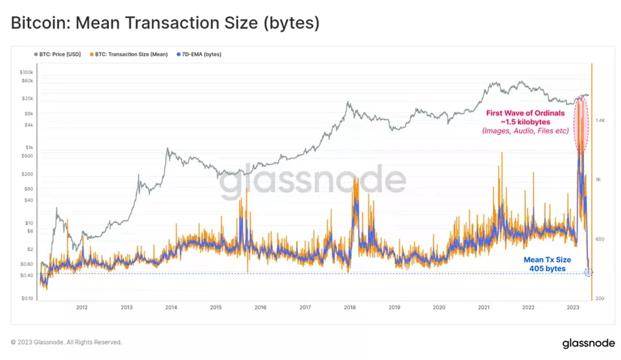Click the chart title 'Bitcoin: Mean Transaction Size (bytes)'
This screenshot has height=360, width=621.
tap(165, 23)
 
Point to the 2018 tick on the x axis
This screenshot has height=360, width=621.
tap(349, 307)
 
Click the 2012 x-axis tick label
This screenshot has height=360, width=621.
tap(82, 307)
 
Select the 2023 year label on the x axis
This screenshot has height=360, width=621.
tap(572, 307)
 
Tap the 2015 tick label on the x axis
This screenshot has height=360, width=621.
tap(216, 307)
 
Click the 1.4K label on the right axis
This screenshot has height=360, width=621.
tap(600, 121)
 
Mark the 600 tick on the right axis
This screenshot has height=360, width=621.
tap(600, 239)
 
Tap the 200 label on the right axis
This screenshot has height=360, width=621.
tap(600, 298)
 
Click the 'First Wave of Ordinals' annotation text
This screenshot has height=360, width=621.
tap(525, 112)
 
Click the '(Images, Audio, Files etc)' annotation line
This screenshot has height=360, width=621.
tap(525, 131)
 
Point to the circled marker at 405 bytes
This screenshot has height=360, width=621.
tap(588, 272)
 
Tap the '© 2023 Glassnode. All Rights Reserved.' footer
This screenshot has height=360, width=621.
tap(65, 342)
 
